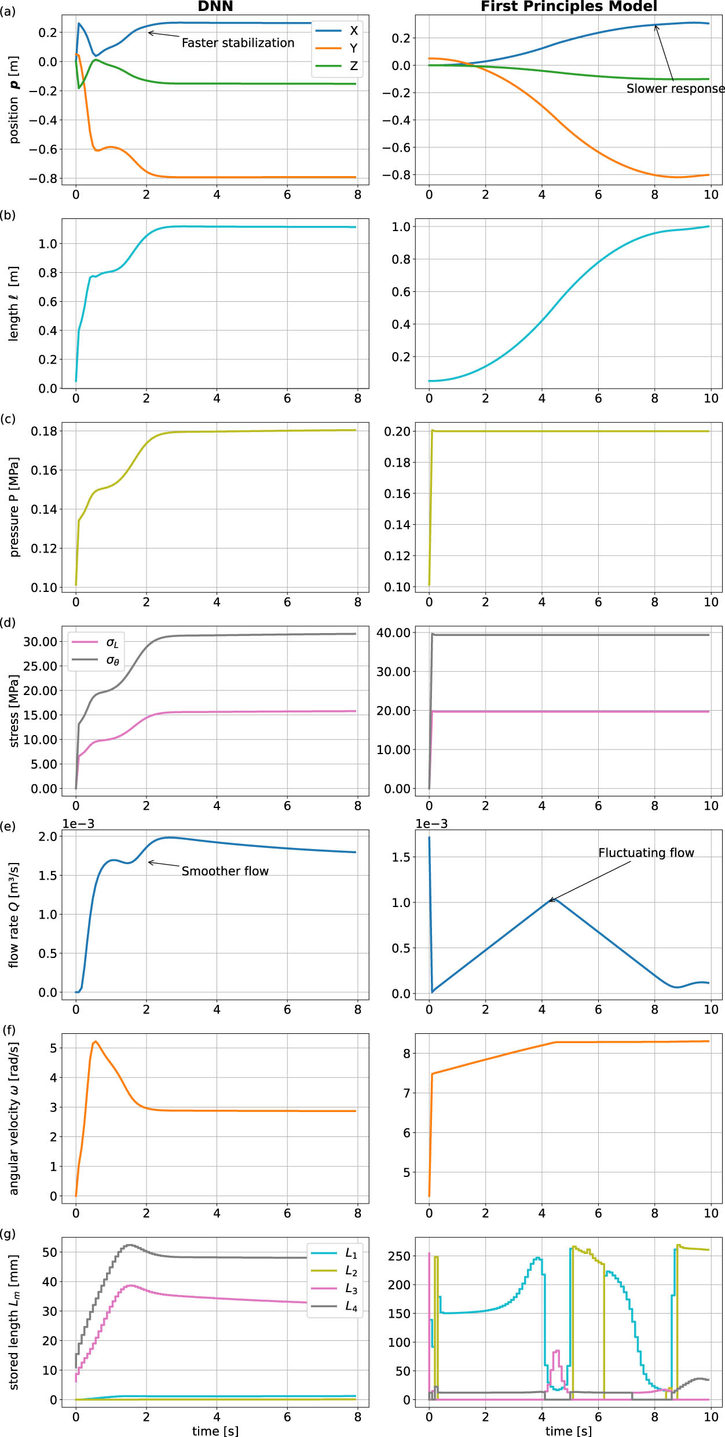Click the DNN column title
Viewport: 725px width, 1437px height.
(215, 6)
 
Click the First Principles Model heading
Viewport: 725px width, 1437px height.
(569, 6)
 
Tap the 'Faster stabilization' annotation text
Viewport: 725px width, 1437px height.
(238, 43)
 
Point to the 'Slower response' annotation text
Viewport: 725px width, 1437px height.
(675, 89)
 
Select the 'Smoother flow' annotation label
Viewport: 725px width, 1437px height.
(225, 871)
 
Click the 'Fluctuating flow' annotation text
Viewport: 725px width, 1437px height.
(646, 853)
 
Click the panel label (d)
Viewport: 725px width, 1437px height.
(8, 623)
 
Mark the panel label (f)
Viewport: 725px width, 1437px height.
(8, 1030)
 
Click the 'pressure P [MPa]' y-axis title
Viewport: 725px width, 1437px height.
(14, 507)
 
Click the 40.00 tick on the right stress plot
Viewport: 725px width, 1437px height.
(393, 632)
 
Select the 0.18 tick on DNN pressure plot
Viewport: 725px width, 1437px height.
(44, 431)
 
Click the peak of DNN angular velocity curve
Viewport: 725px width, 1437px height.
(96, 1041)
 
